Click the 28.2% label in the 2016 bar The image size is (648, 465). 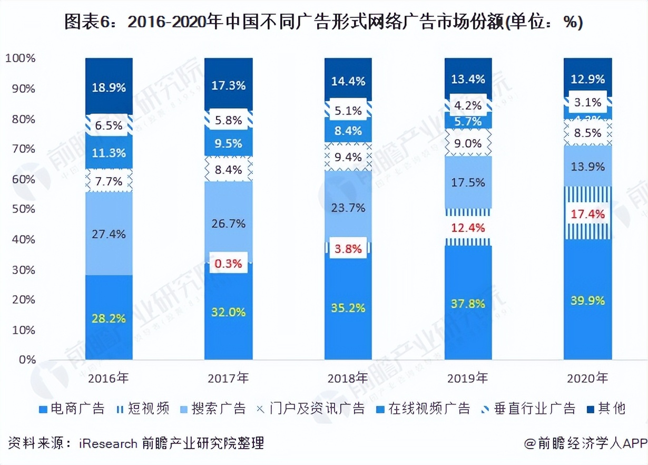click(109, 318)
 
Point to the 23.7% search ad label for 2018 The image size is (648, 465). click(348, 208)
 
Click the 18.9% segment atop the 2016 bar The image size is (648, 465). click(109, 88)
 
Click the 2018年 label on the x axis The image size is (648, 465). click(348, 378)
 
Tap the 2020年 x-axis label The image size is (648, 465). click(588, 378)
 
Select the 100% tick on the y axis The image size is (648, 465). click(20, 58)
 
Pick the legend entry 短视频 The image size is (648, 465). click(148, 409)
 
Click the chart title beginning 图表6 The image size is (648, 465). click(323, 23)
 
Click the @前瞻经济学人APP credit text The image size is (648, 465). click(585, 443)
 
